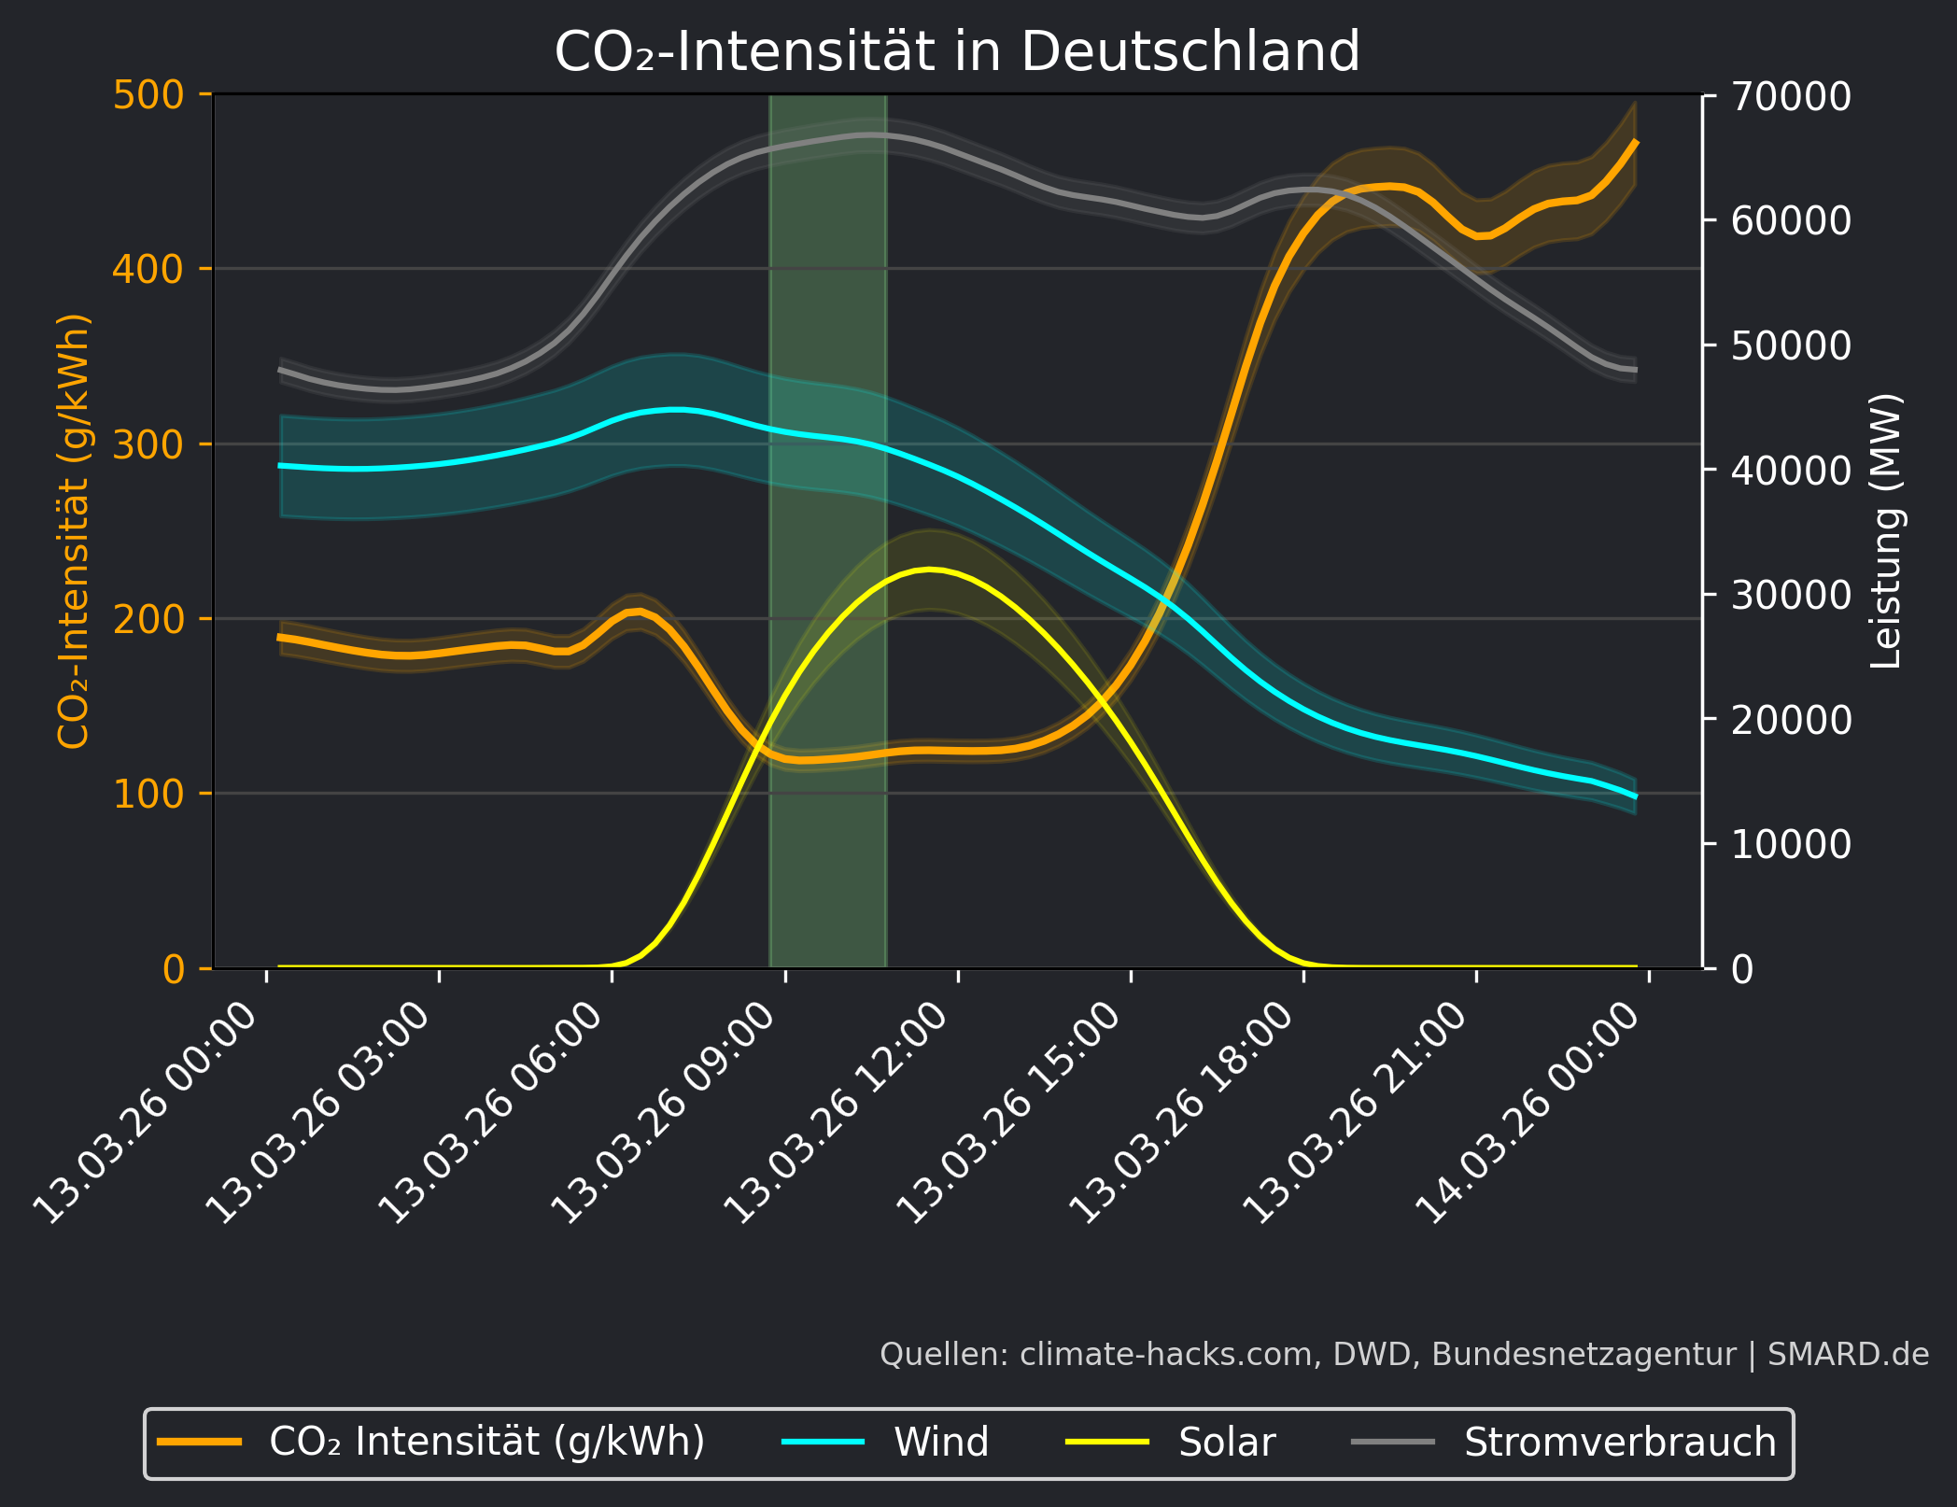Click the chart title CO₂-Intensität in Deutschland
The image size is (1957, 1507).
click(957, 51)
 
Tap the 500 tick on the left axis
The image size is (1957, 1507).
click(148, 95)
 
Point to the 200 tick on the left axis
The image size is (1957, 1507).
click(148, 619)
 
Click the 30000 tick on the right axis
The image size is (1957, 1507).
click(1790, 595)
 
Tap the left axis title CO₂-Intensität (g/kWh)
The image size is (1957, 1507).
click(74, 530)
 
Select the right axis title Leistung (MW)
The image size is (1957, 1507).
click(1885, 530)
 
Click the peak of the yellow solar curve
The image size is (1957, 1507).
click(929, 569)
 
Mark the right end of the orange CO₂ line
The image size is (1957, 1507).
click(1636, 142)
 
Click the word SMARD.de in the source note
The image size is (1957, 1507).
click(1848, 1355)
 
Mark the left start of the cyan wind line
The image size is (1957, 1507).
click(280, 465)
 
